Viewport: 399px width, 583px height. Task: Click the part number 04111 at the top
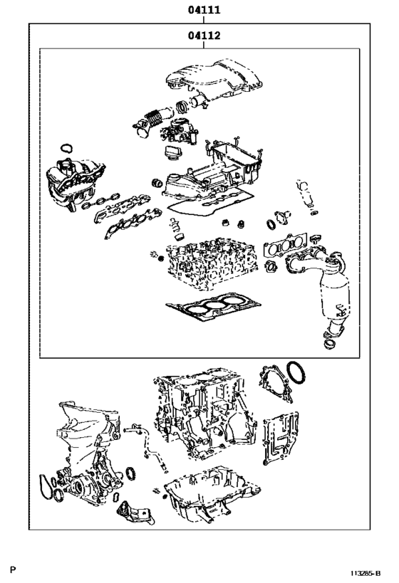[x=203, y=9]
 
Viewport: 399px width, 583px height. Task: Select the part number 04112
[x=203, y=36]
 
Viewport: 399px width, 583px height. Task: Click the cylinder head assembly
[x=207, y=264]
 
